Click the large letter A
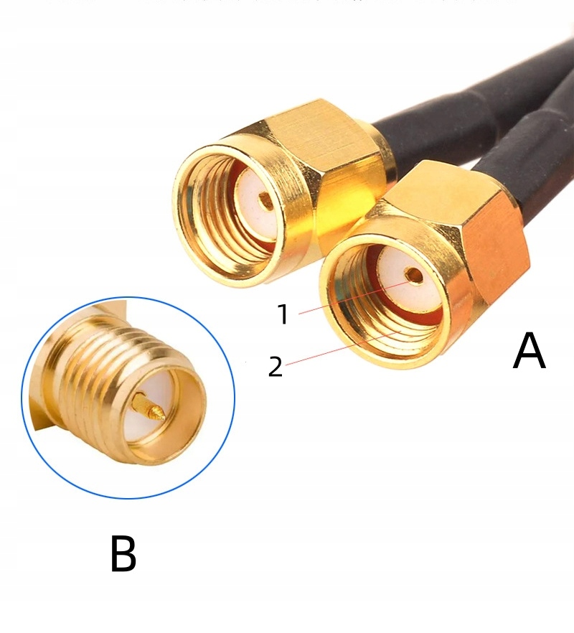(x=529, y=352)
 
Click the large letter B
(x=123, y=554)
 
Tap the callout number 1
(x=283, y=314)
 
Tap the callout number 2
(x=276, y=367)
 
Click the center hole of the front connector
(x=412, y=274)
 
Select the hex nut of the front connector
(x=466, y=230)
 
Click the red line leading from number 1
(x=344, y=298)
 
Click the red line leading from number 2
(x=330, y=352)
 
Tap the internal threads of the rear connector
(x=208, y=215)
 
